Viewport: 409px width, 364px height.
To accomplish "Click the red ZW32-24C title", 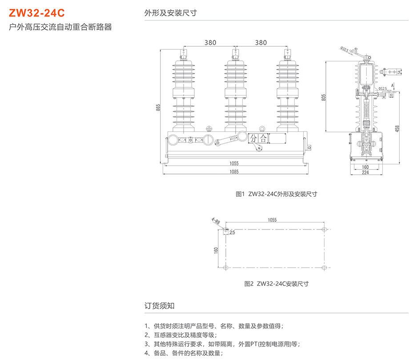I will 34,13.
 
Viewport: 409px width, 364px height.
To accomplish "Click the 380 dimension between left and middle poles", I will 210,43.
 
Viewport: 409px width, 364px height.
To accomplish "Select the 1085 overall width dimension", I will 234,172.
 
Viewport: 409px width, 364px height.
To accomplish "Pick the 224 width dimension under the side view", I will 365,173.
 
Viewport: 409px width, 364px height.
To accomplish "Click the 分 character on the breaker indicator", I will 253,138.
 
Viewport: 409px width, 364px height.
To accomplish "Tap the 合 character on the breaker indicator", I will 263,138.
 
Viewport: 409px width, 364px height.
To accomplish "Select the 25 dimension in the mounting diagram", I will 232,232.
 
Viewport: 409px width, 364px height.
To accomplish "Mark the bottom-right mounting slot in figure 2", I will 325,268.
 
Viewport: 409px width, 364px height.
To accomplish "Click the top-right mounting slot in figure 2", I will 325,229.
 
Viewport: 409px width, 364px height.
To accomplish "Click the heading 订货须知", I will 160,306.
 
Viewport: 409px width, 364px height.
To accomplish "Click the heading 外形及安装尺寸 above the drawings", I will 171,13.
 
